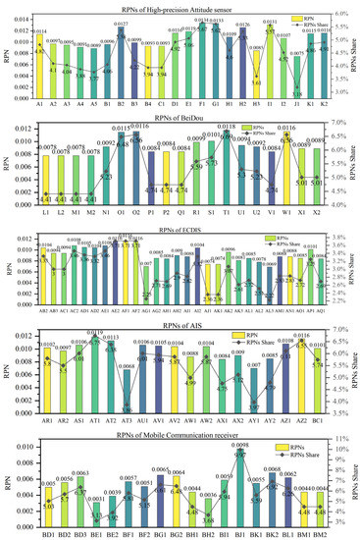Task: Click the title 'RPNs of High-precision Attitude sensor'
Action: click(x=180, y=6)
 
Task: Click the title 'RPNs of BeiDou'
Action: click(x=180, y=114)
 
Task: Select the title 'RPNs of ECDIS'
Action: click(x=180, y=222)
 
